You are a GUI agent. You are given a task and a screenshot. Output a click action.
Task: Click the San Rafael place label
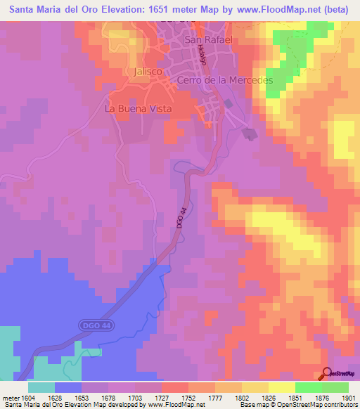pos(208,40)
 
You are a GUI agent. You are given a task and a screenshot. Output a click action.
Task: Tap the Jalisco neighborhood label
pos(147,72)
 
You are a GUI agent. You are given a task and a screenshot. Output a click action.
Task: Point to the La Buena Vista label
pos(134,109)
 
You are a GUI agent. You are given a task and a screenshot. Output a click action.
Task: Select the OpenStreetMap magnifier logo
pos(328,374)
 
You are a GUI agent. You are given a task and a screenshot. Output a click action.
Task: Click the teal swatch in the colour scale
pos(41,388)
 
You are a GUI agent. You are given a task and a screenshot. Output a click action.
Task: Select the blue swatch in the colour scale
pos(68,388)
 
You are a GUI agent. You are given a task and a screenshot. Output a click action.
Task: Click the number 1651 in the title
pos(160,10)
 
